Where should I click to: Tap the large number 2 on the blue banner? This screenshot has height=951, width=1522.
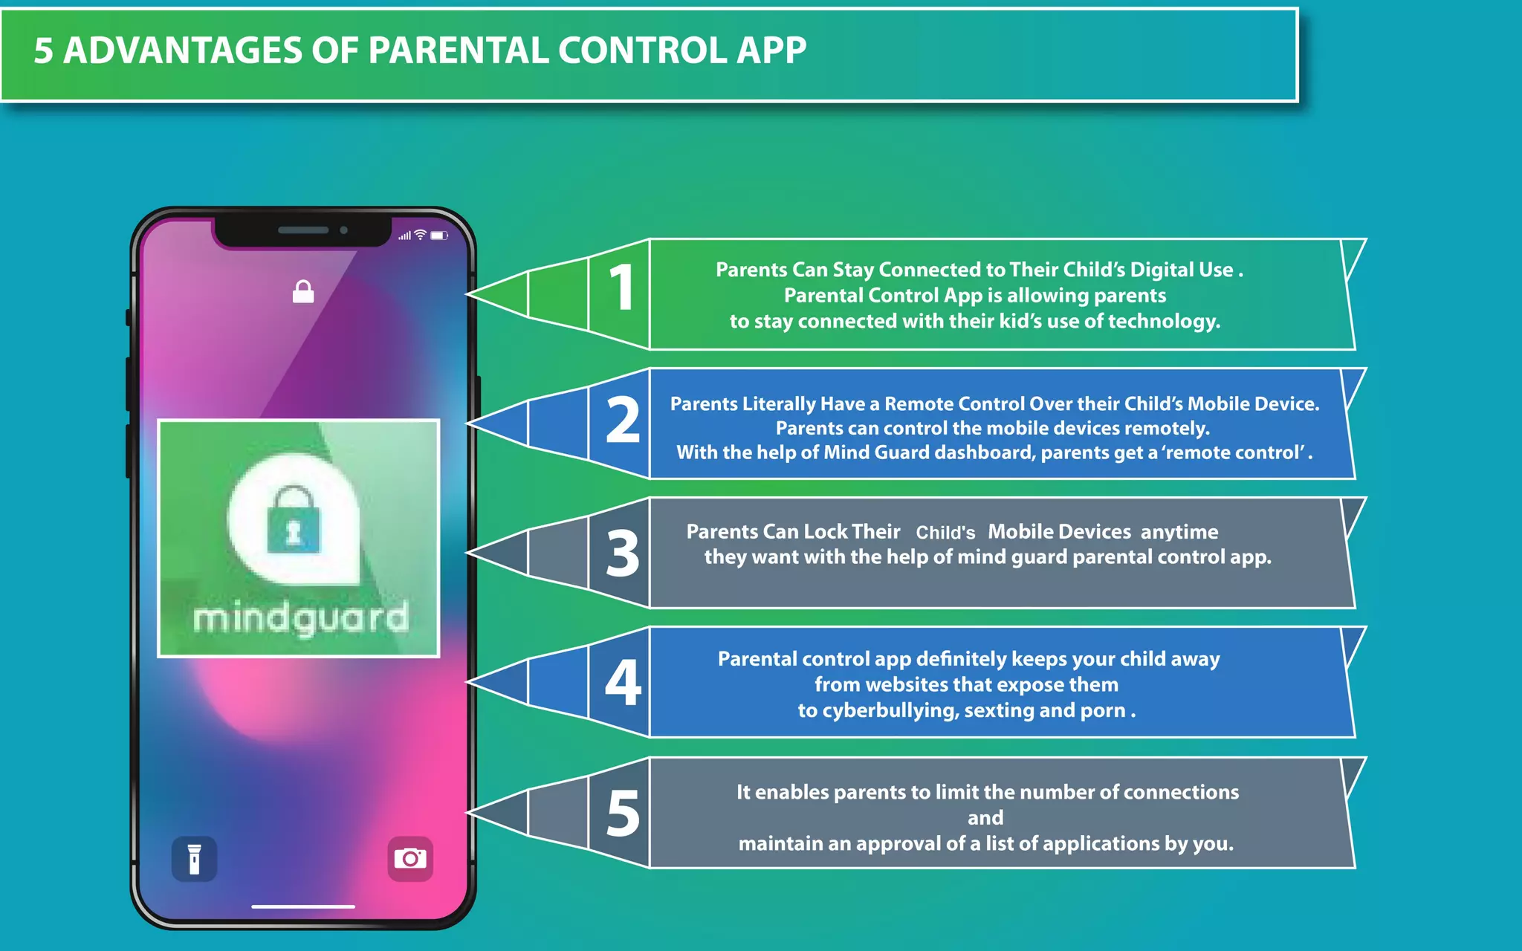pyautogui.click(x=623, y=421)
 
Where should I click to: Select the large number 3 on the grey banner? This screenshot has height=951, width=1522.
pyautogui.click(x=623, y=554)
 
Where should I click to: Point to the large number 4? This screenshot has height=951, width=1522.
pyautogui.click(x=623, y=683)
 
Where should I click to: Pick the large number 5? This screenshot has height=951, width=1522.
pyautogui.click(x=623, y=814)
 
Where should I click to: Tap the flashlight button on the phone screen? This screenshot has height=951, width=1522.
pyautogui.click(x=195, y=859)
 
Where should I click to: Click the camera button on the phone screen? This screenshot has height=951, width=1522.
pyautogui.click(x=410, y=859)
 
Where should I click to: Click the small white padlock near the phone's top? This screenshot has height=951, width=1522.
pyautogui.click(x=303, y=292)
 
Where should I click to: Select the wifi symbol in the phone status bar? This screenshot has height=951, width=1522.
pyautogui.click(x=421, y=236)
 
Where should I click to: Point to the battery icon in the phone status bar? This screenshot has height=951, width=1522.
pyautogui.click(x=439, y=236)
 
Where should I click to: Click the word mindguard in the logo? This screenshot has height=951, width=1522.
pyautogui.click(x=301, y=618)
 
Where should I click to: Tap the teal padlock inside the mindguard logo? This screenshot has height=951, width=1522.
pyautogui.click(x=294, y=522)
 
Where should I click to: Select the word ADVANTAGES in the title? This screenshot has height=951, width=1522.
pyautogui.click(x=183, y=51)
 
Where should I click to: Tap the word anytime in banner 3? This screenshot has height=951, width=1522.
pyautogui.click(x=1179, y=532)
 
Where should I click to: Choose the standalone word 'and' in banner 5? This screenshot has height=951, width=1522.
pyautogui.click(x=985, y=818)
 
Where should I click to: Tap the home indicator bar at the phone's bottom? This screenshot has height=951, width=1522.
pyautogui.click(x=303, y=906)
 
